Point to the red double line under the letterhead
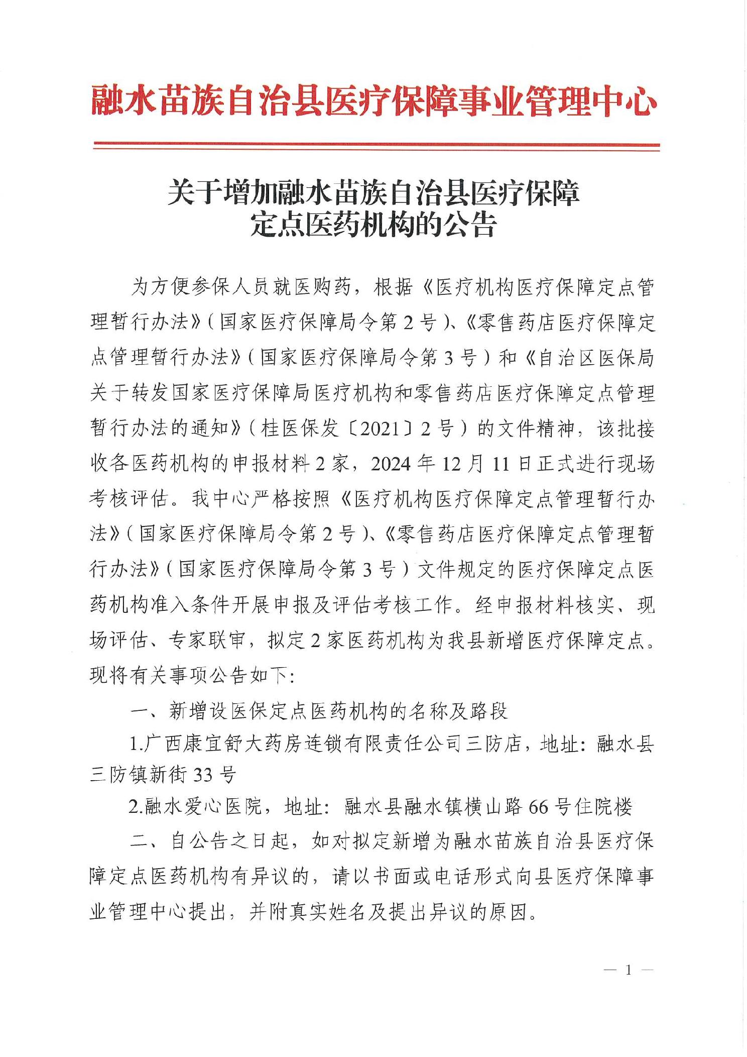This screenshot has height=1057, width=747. pyautogui.click(x=377, y=146)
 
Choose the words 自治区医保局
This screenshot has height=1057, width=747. pyautogui.click(x=596, y=358)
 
